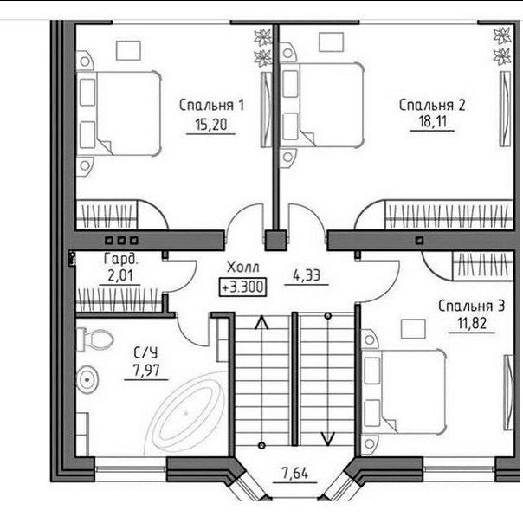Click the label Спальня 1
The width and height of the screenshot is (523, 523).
pyautogui.click(x=211, y=105)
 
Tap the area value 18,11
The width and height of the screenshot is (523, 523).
pyautogui.click(x=432, y=121)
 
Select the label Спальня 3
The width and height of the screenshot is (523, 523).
pyautogui.click(x=471, y=306)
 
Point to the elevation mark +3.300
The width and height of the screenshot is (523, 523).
pyautogui.click(x=242, y=287)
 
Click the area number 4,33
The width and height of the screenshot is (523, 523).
pyautogui.click(x=307, y=275)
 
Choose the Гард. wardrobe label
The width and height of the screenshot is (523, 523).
pyautogui.click(x=120, y=259)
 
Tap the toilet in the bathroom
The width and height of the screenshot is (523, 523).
pyautogui.click(x=94, y=339)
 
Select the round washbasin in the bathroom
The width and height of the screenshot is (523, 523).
pyautogui.click(x=87, y=379)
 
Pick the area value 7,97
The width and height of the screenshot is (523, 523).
pyautogui.click(x=146, y=371)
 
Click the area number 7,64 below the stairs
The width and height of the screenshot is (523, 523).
pyautogui.click(x=295, y=473)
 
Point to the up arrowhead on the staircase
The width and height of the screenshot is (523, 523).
pyautogui.click(x=261, y=323)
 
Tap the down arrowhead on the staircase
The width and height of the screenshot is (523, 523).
pyautogui.click(x=327, y=439)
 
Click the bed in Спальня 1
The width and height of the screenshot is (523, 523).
pyautogui.click(x=119, y=113)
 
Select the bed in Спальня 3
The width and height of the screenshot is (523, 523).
pyautogui.click(x=404, y=392)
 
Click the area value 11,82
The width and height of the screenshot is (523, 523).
pyautogui.click(x=472, y=323)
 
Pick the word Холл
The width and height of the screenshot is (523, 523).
pyautogui.click(x=242, y=268)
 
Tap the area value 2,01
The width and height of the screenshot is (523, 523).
pyautogui.click(x=120, y=276)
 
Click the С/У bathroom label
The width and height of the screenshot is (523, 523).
pyautogui.click(x=145, y=352)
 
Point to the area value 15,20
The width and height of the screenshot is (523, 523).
pyautogui.click(x=210, y=125)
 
